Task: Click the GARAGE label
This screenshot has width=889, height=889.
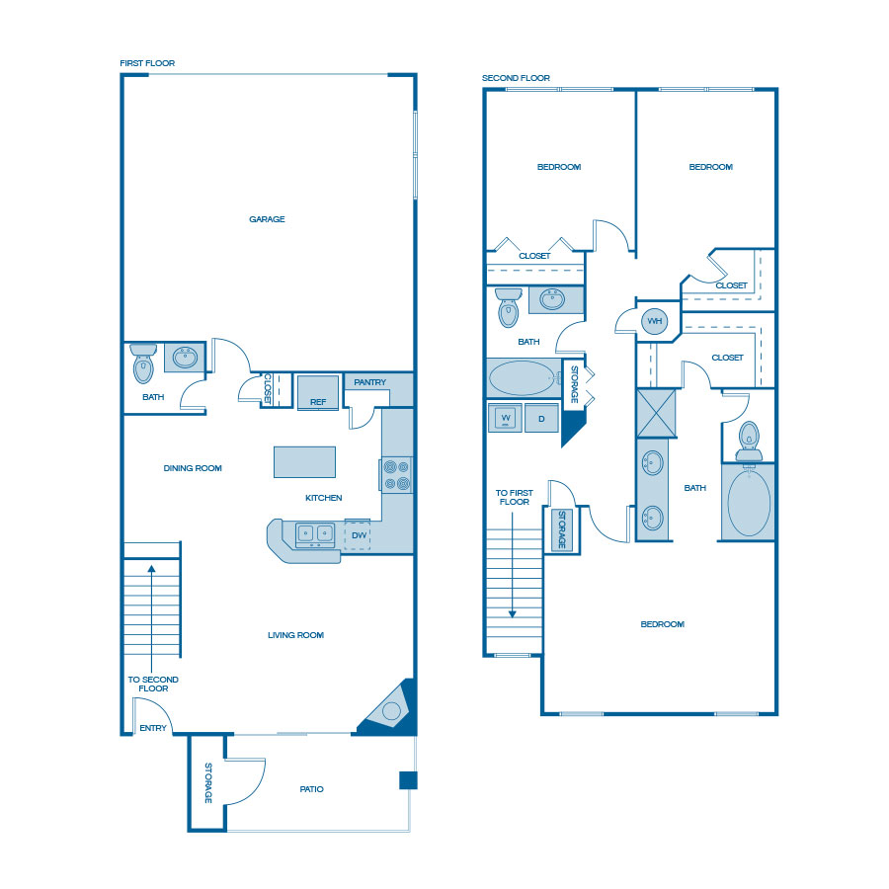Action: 267,219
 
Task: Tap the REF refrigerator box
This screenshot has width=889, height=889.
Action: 318,392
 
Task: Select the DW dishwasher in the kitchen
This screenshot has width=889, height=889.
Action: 358,534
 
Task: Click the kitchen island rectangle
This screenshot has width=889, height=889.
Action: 304,462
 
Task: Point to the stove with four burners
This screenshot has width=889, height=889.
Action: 396,475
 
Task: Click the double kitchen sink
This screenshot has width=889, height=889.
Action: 315,535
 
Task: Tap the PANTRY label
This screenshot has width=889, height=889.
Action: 369,382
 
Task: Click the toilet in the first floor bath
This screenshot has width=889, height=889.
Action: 143,364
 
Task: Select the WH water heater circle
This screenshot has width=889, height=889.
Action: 654,321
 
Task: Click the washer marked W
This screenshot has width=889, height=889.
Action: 505,419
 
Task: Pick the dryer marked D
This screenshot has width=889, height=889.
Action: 541,419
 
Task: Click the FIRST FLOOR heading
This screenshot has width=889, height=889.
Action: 147,63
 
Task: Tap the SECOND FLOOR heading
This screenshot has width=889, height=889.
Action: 516,78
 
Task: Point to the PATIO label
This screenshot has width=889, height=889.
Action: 312,789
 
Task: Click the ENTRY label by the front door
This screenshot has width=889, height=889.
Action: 153,728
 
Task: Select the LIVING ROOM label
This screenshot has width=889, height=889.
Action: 296,635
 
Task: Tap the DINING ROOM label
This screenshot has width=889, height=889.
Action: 193,468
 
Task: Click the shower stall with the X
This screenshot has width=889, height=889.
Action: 656,413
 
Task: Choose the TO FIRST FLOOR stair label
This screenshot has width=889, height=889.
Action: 515,497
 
